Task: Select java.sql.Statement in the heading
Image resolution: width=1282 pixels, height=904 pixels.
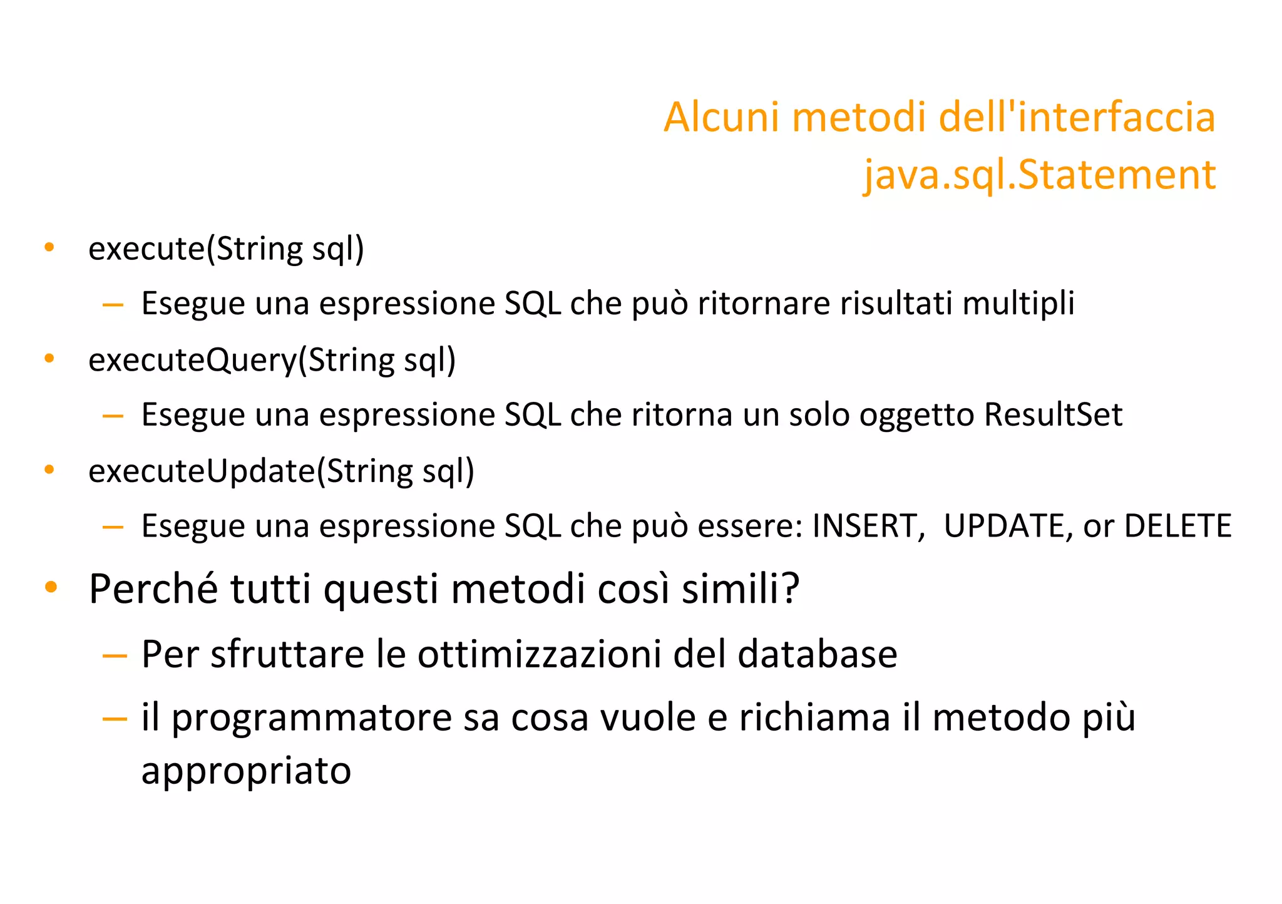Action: click(x=1039, y=175)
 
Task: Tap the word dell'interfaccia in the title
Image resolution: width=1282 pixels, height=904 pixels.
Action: click(x=1077, y=118)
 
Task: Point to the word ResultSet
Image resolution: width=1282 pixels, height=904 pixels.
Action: click(x=1053, y=415)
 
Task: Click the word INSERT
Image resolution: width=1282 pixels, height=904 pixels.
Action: click(x=868, y=526)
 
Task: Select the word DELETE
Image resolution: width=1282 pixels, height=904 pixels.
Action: click(x=1177, y=526)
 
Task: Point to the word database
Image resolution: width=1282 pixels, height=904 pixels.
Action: click(x=817, y=655)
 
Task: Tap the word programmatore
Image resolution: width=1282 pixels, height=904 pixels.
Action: click(x=311, y=719)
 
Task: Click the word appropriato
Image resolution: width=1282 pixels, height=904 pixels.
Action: click(x=246, y=771)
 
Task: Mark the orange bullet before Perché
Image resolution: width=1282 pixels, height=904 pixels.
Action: click(x=51, y=588)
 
